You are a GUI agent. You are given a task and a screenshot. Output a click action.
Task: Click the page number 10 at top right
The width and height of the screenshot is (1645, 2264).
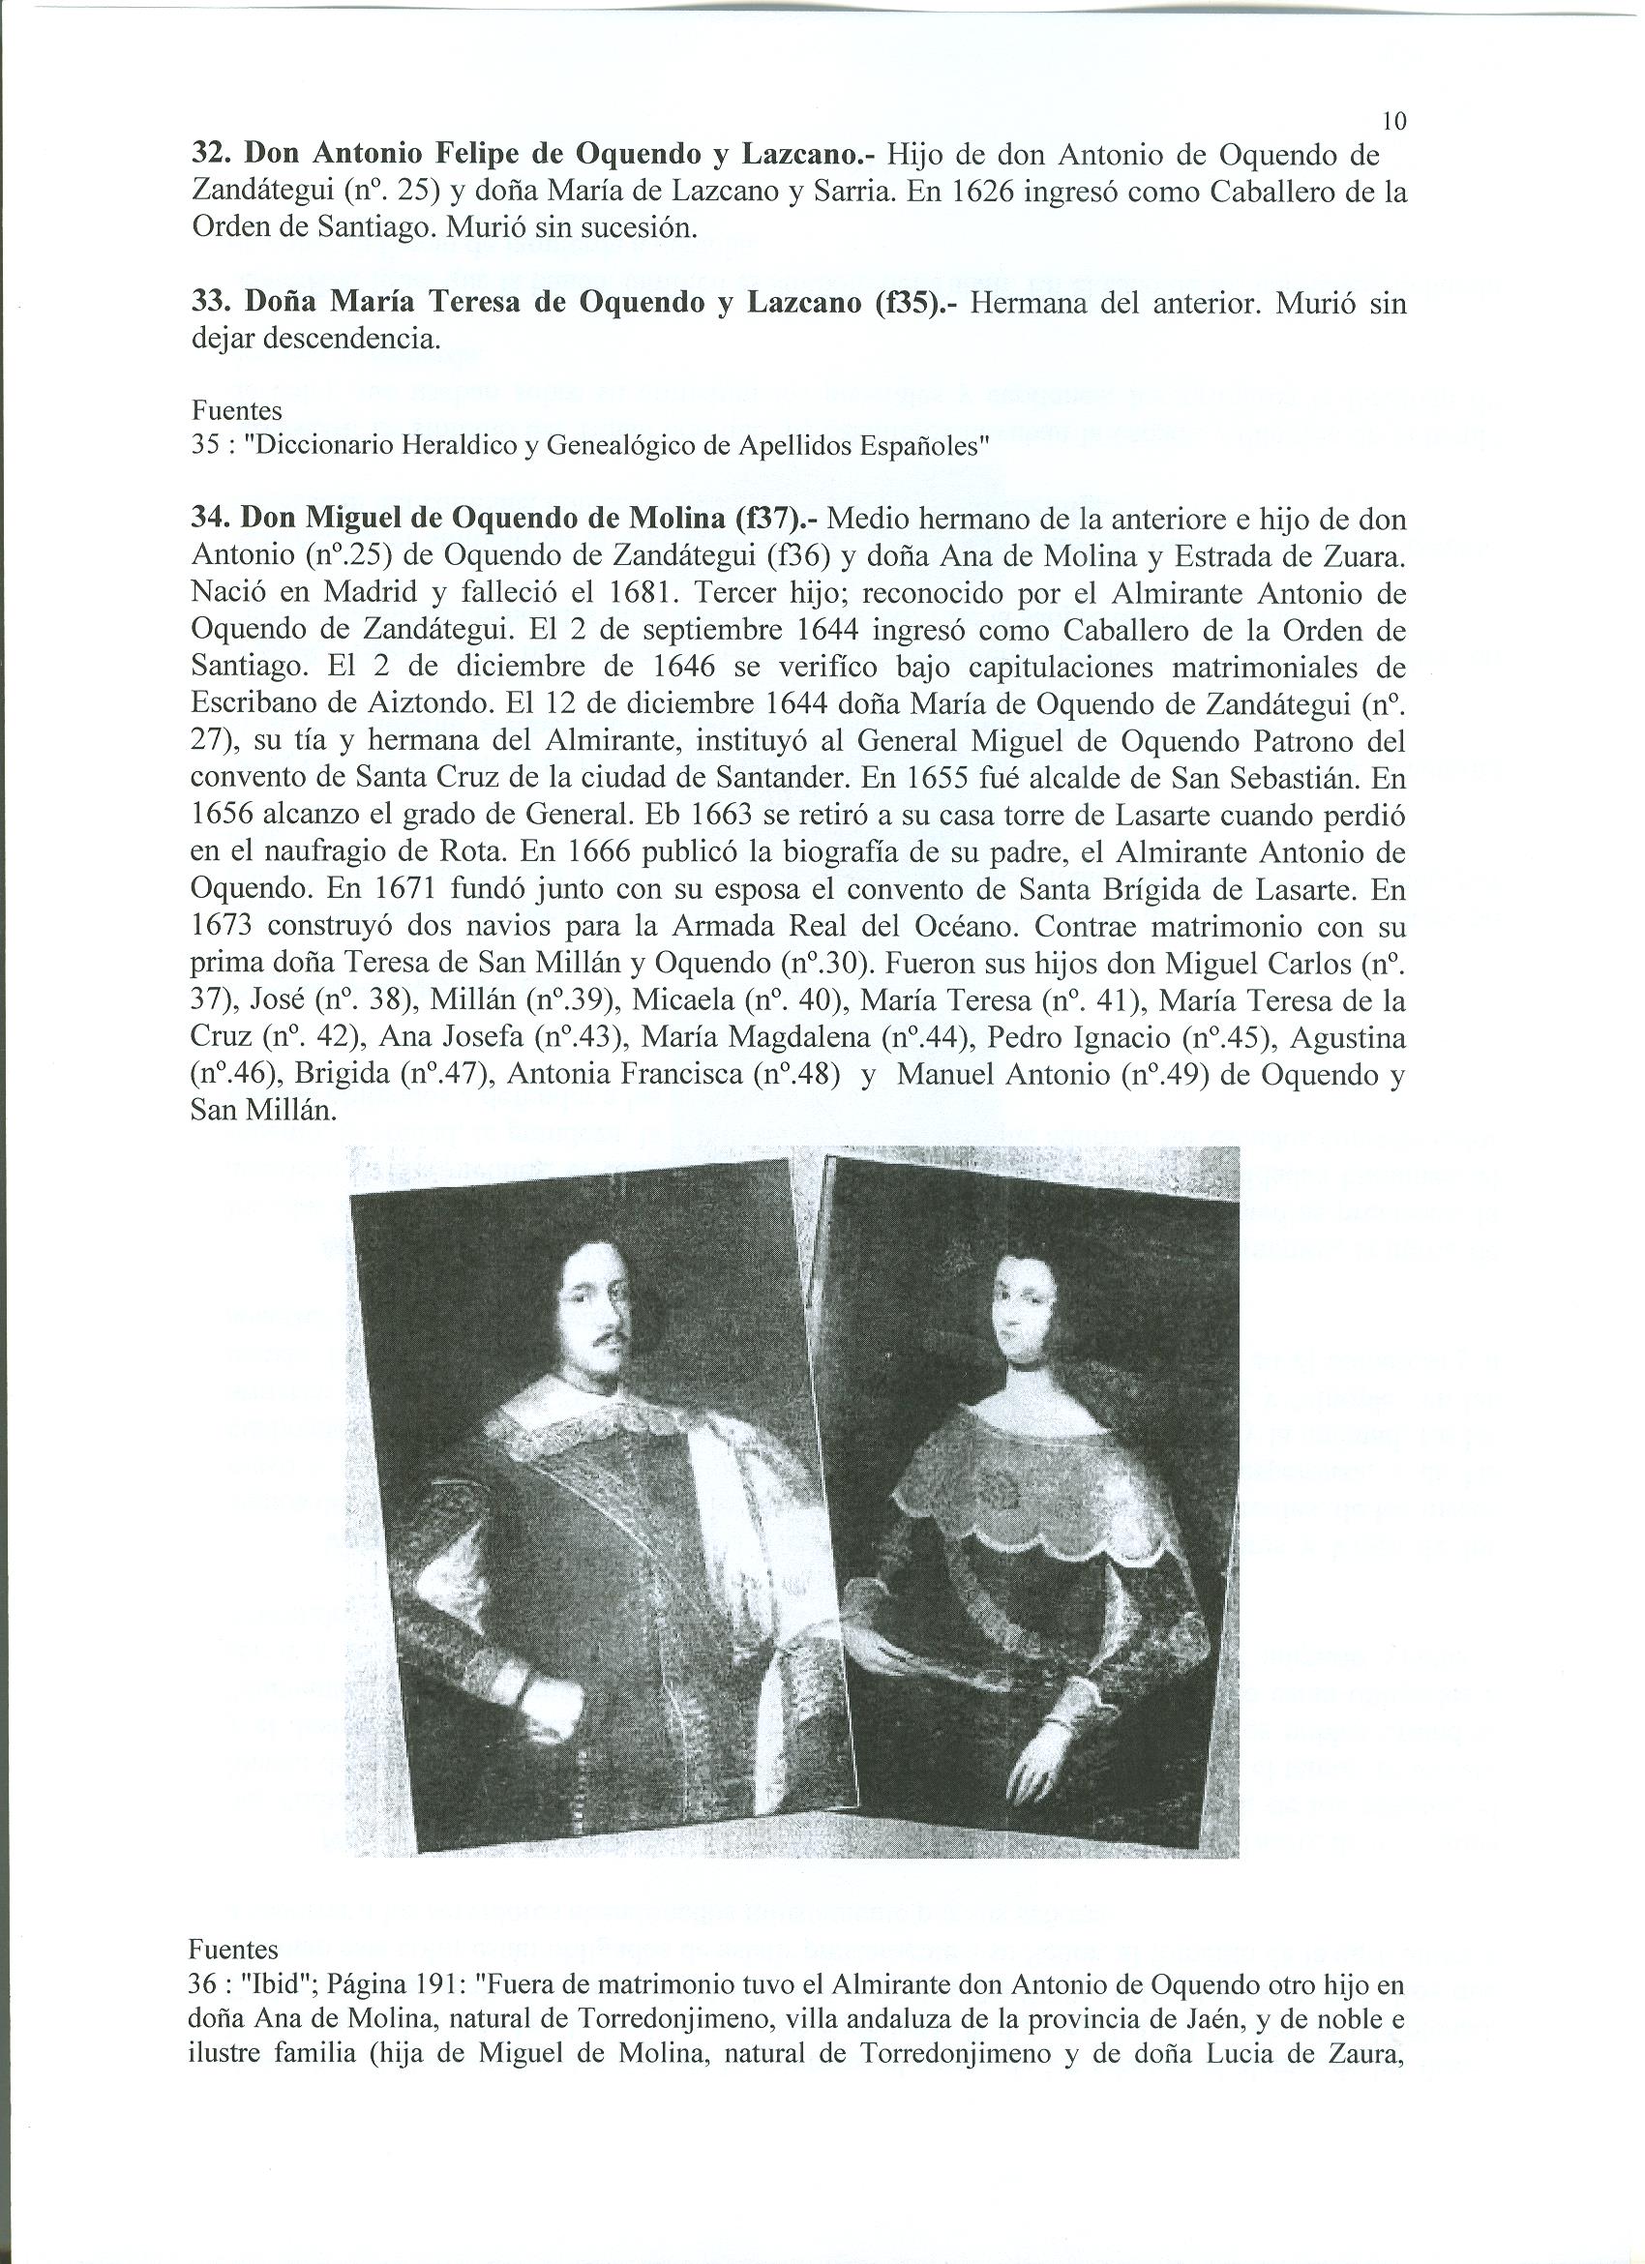pyautogui.click(x=1394, y=122)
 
